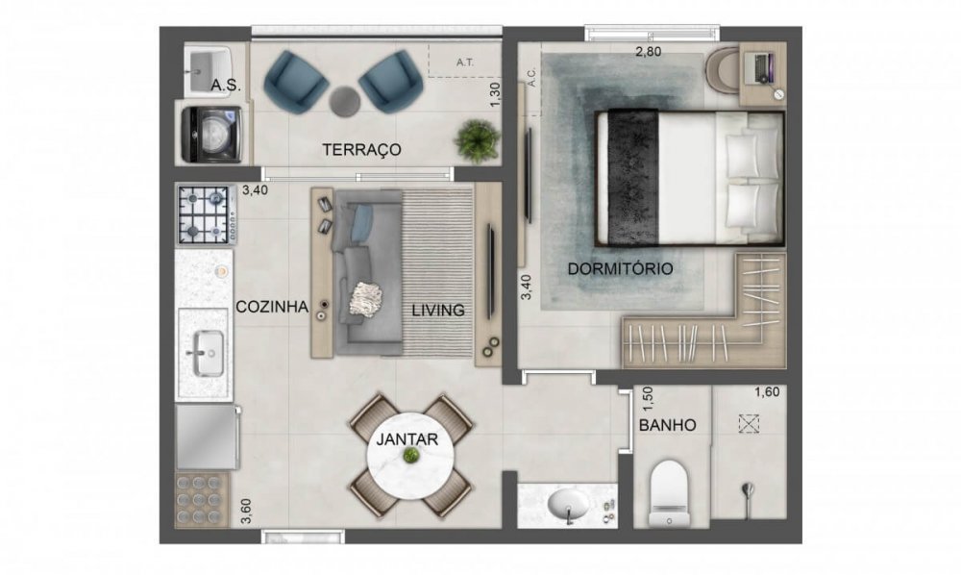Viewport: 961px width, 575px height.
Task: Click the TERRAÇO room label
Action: pyautogui.click(x=361, y=150)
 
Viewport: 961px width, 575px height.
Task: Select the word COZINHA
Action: pyautogui.click(x=272, y=307)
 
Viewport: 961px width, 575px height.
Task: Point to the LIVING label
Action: pyautogui.click(x=438, y=311)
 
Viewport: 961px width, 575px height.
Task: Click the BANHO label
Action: pyautogui.click(x=668, y=425)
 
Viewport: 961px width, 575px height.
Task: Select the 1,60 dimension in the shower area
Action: pyautogui.click(x=767, y=391)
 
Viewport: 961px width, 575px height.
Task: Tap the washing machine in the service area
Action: pyautogui.click(x=211, y=134)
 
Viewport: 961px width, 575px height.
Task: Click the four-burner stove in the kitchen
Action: pyautogui.click(x=206, y=215)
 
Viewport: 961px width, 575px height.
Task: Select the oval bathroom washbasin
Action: pyautogui.click(x=565, y=503)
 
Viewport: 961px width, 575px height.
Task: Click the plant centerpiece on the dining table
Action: pyautogui.click(x=411, y=455)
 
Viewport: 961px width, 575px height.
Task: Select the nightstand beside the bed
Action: pyautogui.click(x=762, y=73)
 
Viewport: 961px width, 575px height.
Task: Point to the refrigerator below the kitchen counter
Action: pyautogui.click(x=206, y=437)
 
